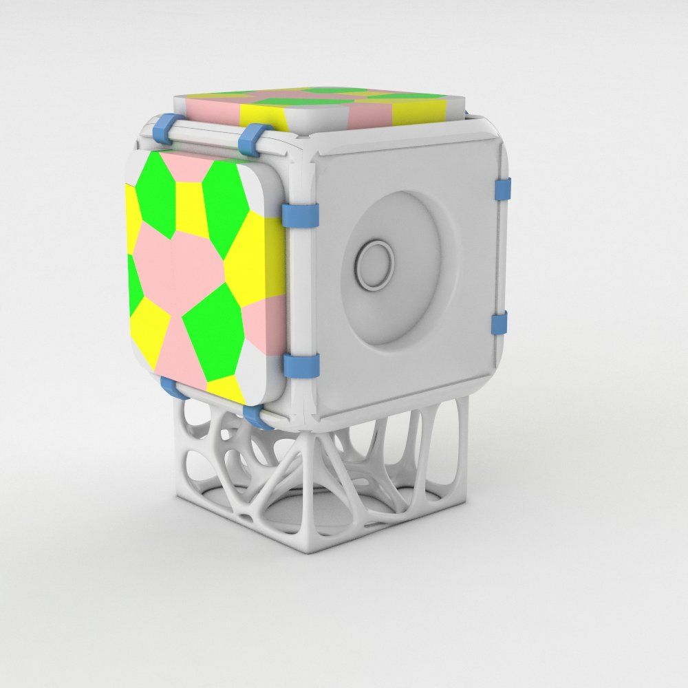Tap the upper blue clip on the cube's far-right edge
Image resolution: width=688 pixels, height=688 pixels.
(503, 191)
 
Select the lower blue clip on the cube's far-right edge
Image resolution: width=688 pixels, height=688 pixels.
(501, 323)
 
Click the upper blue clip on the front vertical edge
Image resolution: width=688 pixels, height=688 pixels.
(301, 215)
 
